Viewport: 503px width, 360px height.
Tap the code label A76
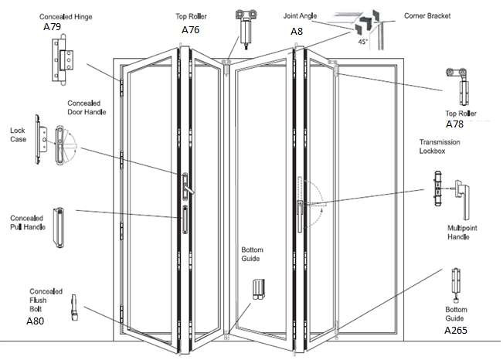click(191, 29)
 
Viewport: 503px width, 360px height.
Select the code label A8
click(297, 32)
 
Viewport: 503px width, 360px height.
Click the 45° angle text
click(363, 44)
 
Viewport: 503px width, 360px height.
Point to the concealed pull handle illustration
click(59, 226)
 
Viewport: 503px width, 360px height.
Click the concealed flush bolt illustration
click(74, 307)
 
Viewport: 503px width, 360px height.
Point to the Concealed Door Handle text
click(87, 107)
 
